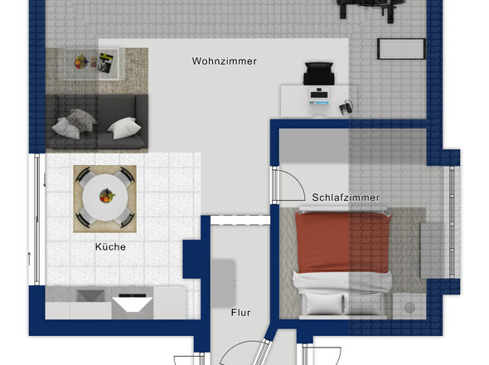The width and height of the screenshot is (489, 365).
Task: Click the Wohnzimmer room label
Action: (x=225, y=61)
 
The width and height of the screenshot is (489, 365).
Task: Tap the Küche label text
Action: (x=110, y=246)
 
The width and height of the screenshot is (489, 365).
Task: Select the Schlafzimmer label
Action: (x=346, y=197)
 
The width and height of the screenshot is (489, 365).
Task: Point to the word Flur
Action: (x=240, y=313)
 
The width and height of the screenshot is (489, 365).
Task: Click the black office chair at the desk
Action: (x=319, y=73)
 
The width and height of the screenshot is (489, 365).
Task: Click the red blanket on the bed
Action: (x=343, y=242)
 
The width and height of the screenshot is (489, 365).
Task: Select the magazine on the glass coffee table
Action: (x=105, y=63)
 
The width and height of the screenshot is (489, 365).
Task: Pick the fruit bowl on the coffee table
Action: (x=81, y=61)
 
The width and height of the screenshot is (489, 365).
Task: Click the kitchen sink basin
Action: (x=90, y=295)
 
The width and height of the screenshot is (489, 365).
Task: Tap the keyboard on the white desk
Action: (x=319, y=94)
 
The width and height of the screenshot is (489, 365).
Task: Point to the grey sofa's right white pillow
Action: (x=124, y=128)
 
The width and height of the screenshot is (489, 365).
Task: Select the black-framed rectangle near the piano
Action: (x=401, y=49)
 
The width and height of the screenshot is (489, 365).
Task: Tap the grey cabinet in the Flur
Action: (x=223, y=283)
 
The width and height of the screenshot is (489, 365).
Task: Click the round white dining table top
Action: (x=106, y=197)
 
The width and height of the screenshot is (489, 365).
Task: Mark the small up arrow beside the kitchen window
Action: (x=30, y=259)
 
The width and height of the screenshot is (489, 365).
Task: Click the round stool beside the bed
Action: (x=409, y=307)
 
